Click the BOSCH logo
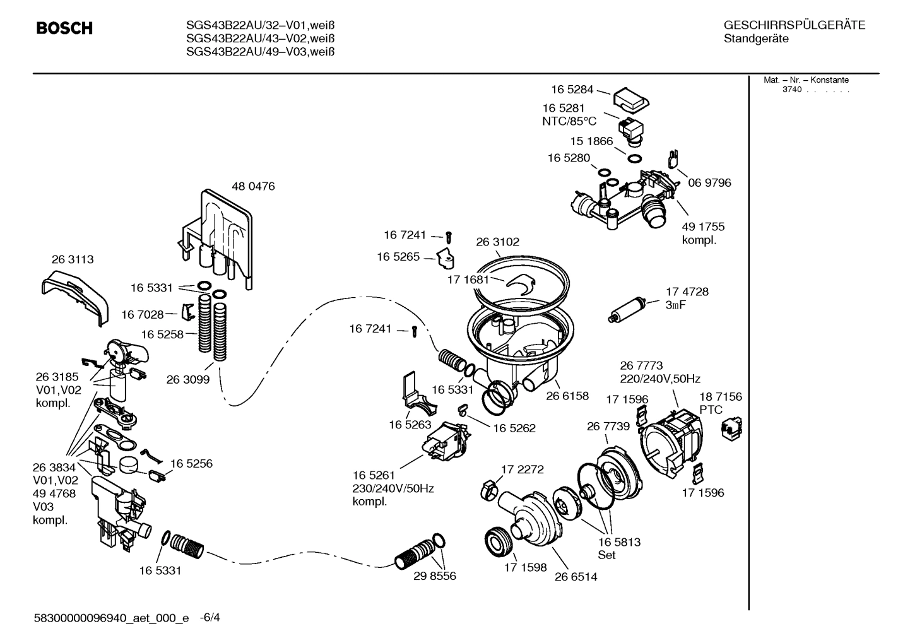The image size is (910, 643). click(64, 28)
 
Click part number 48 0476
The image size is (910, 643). click(253, 187)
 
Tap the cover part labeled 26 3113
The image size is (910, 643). click(74, 297)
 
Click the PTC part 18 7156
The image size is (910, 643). click(731, 430)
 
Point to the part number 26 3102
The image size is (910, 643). click(497, 242)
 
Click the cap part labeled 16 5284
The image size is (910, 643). click(631, 98)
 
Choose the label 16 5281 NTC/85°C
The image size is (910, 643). click(569, 115)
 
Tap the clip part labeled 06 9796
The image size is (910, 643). click(674, 159)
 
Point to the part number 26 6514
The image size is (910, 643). click(576, 576)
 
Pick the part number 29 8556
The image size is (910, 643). click(434, 575)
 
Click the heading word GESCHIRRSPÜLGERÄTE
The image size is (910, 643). click(794, 25)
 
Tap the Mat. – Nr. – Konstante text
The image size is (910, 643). click(806, 80)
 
